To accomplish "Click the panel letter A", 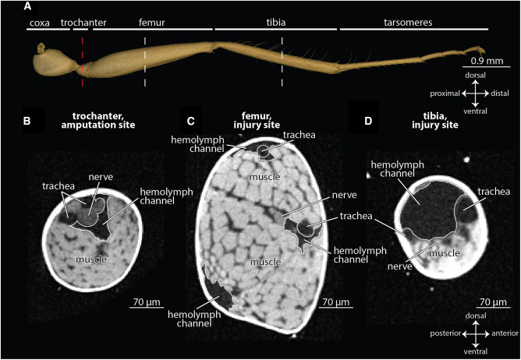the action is click(x=28, y=7).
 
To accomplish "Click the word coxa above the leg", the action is click(x=38, y=23).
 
